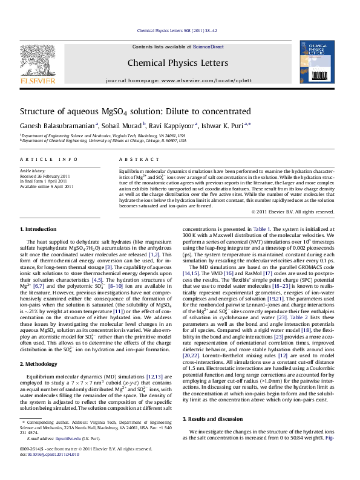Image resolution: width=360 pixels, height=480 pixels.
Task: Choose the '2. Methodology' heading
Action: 40,365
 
